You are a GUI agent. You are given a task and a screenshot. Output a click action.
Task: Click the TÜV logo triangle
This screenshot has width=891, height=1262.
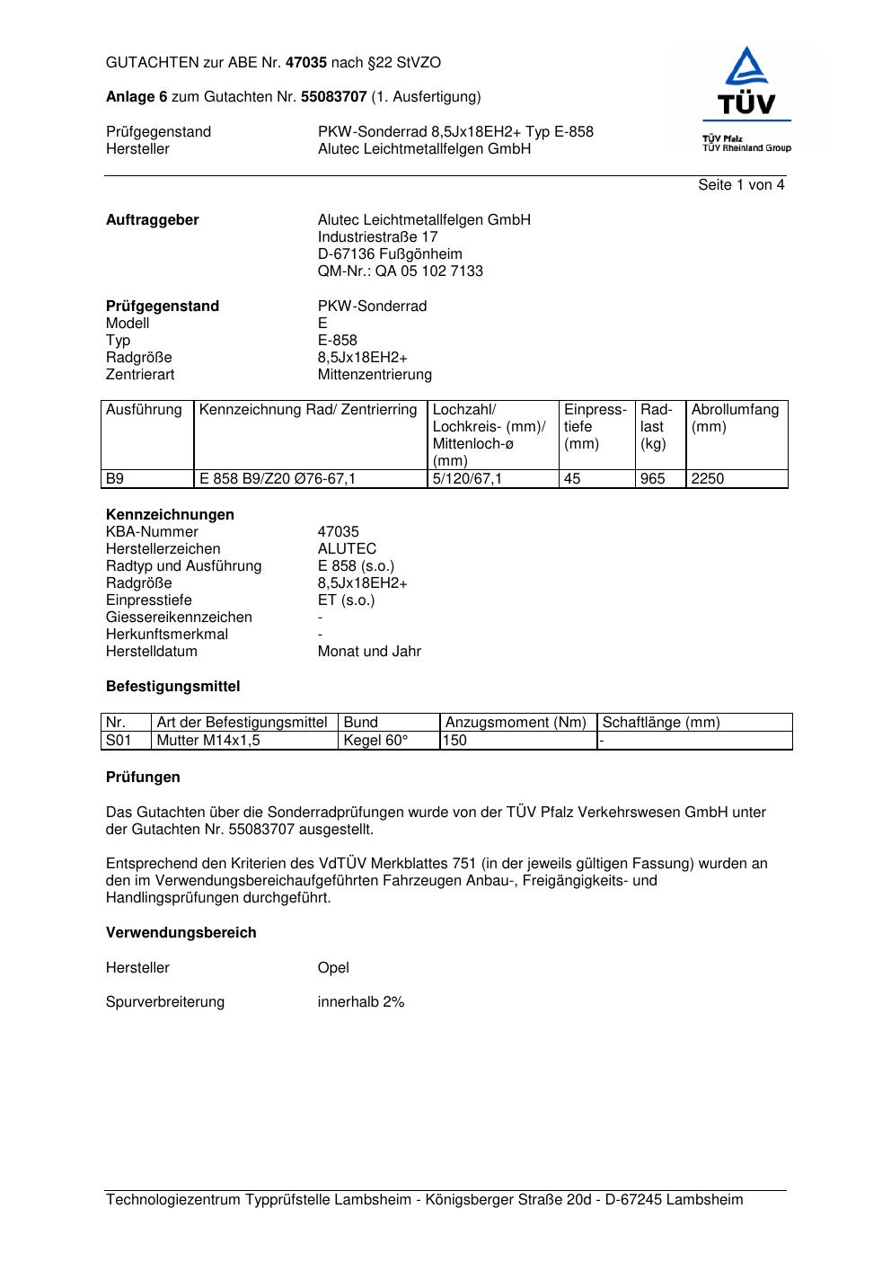point(746,68)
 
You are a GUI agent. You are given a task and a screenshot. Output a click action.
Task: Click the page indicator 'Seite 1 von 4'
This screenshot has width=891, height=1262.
point(741,185)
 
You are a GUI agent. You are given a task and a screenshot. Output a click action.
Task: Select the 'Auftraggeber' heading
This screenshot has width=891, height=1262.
point(153,220)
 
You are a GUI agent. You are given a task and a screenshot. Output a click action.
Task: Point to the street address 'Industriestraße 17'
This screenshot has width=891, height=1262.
point(377,237)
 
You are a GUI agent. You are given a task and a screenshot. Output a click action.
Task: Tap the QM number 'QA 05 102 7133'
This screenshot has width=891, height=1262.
point(435,271)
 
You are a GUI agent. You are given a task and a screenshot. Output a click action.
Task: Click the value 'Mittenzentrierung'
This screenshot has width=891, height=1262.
point(375,375)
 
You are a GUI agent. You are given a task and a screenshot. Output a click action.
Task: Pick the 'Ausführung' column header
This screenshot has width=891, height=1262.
point(144,411)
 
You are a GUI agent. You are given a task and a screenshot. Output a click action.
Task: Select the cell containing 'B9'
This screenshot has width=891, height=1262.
point(115,479)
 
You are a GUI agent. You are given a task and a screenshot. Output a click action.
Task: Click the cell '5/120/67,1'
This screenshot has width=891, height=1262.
point(467,479)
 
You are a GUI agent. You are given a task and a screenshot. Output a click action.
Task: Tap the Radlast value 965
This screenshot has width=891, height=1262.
point(653,479)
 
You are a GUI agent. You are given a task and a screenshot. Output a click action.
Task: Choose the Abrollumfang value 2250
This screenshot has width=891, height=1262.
point(707,479)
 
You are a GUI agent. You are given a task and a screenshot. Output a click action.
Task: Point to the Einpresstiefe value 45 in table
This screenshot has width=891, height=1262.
point(572,479)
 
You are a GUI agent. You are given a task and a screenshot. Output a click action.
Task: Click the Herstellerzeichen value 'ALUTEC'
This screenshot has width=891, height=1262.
point(347,549)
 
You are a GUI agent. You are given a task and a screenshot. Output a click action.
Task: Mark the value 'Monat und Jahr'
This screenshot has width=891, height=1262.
point(369,652)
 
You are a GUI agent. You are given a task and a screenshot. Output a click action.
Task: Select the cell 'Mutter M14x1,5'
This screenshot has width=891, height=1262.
point(208,741)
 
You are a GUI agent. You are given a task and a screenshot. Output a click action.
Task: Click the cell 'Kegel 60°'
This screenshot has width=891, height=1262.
point(375,741)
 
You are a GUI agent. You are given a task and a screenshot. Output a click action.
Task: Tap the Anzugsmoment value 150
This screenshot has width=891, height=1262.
point(455,741)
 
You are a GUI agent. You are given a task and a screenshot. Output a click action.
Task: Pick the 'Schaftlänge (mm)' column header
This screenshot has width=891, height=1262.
point(661,723)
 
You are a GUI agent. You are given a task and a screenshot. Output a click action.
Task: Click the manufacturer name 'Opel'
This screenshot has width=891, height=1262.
point(333,968)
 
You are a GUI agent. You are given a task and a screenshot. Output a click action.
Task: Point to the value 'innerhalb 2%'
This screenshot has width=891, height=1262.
point(361,1002)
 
